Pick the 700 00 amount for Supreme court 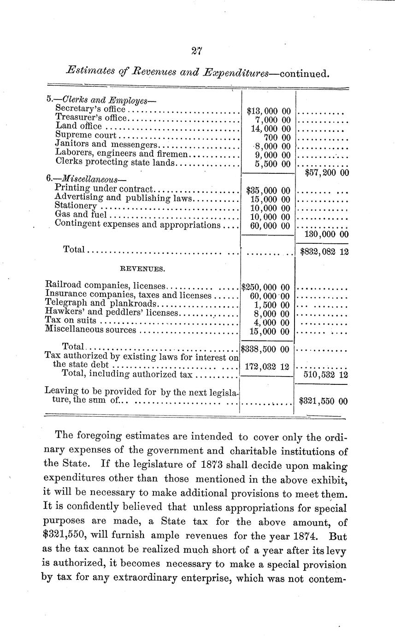[x=277, y=137]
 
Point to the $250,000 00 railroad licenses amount [x=266, y=287]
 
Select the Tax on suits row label [x=71, y=320]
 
